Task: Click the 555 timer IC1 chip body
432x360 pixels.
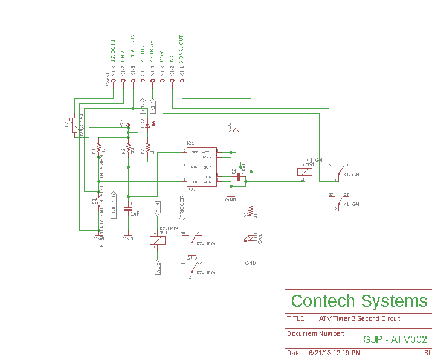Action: [x=201, y=167]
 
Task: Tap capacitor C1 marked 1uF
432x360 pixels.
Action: [x=128, y=208]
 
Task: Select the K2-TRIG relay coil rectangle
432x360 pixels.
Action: [x=157, y=240]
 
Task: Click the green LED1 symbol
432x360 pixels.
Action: [x=250, y=238]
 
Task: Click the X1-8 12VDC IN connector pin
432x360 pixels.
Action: [x=114, y=80]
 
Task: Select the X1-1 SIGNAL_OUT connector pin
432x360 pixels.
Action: [x=182, y=80]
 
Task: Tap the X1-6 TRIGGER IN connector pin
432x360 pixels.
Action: [x=133, y=80]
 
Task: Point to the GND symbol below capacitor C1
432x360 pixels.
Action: [x=128, y=236]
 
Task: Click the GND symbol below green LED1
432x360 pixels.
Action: [x=250, y=260]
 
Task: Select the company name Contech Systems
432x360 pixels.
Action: [x=359, y=301]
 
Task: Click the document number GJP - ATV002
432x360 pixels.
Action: [x=395, y=340]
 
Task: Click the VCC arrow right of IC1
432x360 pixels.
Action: [x=236, y=129]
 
